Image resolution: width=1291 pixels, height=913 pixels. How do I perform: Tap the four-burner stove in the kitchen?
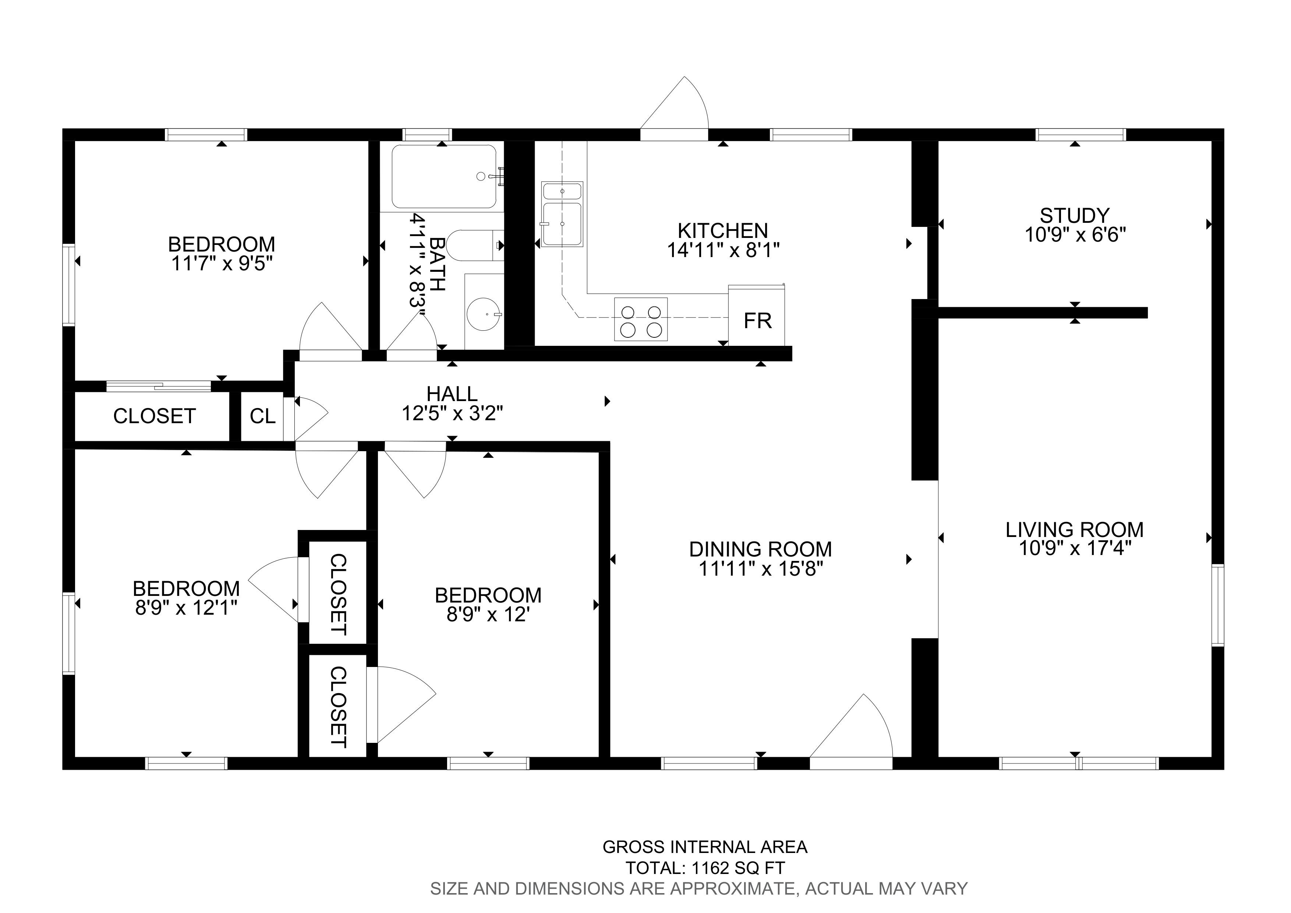[641, 320]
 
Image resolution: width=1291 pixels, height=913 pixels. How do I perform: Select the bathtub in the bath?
[444, 177]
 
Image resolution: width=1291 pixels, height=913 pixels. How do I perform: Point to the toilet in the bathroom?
[476, 245]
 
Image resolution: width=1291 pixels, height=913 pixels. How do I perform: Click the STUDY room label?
[1075, 215]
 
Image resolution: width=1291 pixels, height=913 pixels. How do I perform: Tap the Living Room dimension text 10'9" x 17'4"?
[1075, 548]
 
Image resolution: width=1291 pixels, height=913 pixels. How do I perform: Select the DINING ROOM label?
[761, 549]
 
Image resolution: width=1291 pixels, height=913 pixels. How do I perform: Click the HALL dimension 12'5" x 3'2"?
[452, 414]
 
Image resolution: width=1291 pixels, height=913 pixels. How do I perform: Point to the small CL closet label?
[263, 416]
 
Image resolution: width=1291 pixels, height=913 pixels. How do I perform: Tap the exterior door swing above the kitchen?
[675, 107]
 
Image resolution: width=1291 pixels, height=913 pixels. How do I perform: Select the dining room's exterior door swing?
[851, 731]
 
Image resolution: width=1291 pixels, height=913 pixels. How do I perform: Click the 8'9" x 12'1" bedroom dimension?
[186, 608]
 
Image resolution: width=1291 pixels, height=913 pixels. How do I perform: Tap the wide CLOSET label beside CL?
[154, 416]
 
